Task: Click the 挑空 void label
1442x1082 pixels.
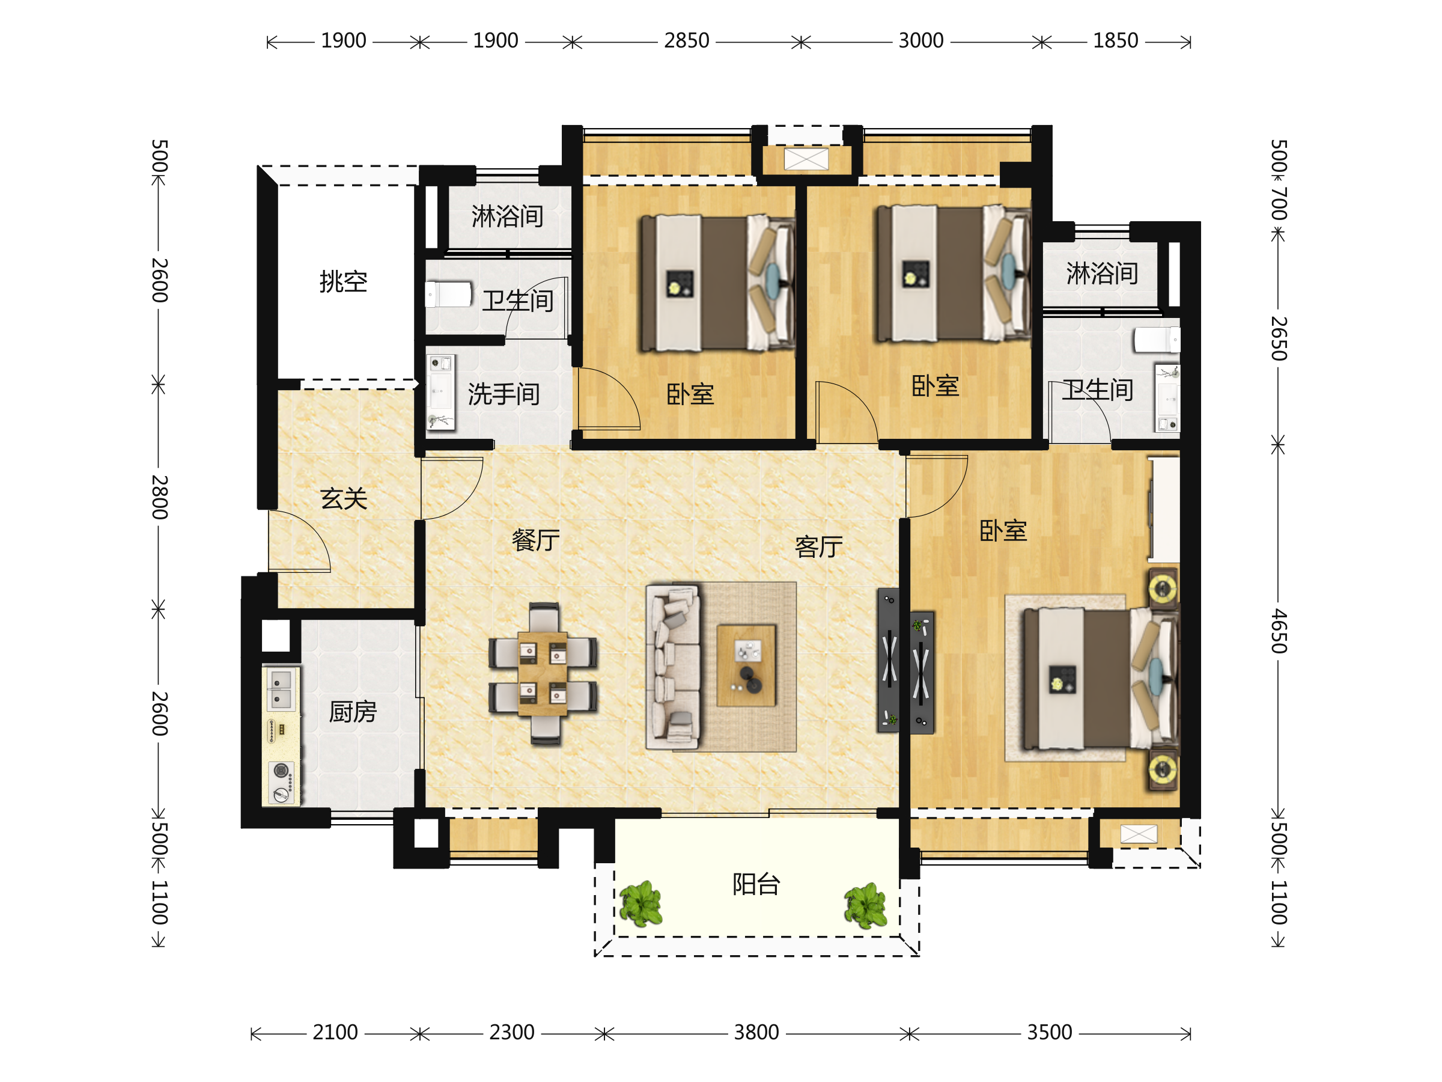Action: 343,282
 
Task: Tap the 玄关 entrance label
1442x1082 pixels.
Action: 344,499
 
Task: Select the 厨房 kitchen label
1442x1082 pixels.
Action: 353,712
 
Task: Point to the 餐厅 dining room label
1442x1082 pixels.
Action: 535,540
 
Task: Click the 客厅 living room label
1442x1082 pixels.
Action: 819,546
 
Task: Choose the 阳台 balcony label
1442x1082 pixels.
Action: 756,884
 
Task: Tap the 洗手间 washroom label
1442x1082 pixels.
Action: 503,394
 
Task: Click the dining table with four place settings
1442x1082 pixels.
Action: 543,674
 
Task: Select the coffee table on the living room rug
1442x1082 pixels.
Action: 746,665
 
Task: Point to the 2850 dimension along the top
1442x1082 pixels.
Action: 686,40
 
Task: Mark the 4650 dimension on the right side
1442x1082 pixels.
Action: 1279,631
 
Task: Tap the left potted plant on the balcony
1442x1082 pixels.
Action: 641,904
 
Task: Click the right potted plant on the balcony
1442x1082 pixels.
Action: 866,906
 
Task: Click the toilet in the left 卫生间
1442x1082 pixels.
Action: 448,294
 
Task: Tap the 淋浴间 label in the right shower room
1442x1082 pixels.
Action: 1103,274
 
